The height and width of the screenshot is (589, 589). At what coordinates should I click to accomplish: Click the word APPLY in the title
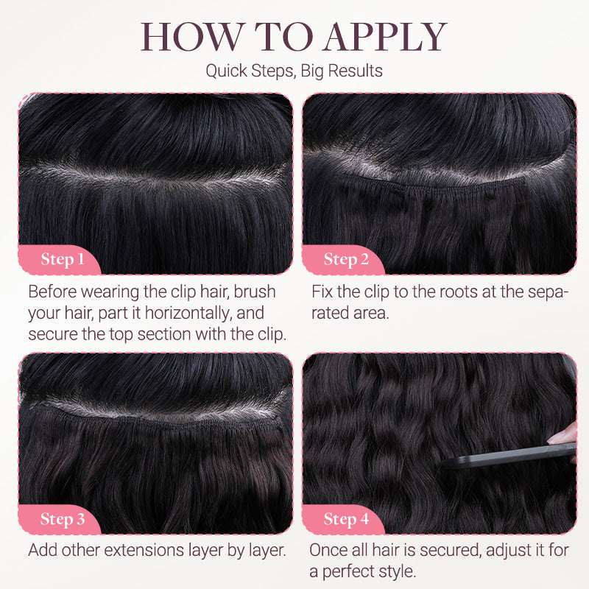(x=385, y=36)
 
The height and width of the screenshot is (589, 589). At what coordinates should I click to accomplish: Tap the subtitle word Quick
(x=227, y=71)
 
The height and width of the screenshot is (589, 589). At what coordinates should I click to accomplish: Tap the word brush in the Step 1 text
(x=255, y=292)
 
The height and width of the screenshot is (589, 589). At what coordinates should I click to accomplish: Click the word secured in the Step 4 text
(x=451, y=550)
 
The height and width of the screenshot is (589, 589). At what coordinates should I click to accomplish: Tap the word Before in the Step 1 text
(x=52, y=292)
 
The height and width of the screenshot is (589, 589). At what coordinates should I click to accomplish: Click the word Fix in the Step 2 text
(x=322, y=292)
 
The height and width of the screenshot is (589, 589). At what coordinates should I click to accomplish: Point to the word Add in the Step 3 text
(x=43, y=550)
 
